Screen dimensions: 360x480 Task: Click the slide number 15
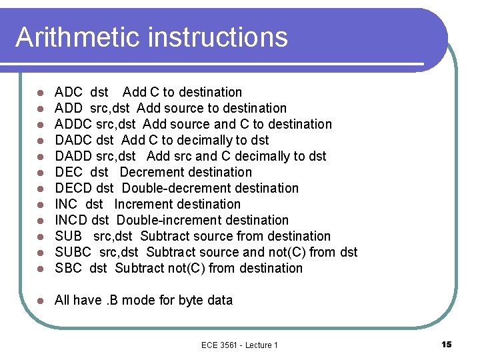point(446,344)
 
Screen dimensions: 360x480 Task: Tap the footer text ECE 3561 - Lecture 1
point(239,345)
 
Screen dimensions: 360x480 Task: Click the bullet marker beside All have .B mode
point(41,301)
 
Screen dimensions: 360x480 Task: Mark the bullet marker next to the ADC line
point(41,93)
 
